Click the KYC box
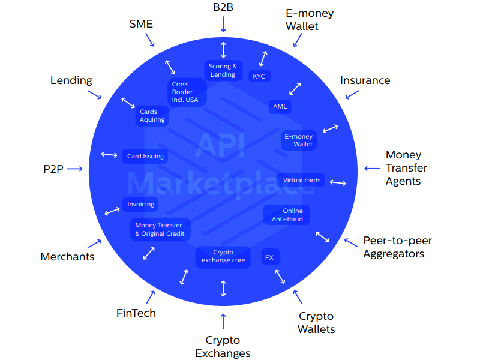click(259, 76)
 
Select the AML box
click(280, 107)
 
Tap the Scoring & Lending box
click(223, 71)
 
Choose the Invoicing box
click(140, 204)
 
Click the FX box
click(269, 257)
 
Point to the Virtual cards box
click(301, 180)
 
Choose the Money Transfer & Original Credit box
click(160, 229)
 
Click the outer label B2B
click(223, 7)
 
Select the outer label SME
click(141, 24)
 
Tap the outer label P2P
click(53, 169)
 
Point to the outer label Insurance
click(365, 80)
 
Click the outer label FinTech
click(136, 313)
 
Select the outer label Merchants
click(67, 257)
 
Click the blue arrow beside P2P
click(74, 169)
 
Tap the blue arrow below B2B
click(223, 25)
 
